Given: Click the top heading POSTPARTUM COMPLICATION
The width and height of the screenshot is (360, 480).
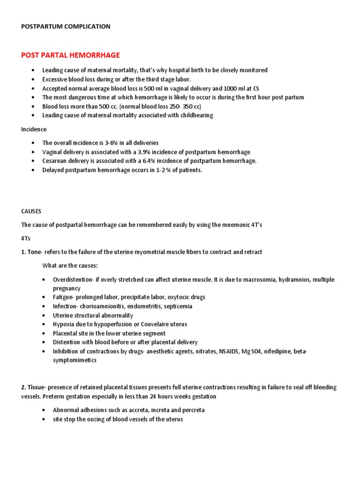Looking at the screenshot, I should (x=66, y=27).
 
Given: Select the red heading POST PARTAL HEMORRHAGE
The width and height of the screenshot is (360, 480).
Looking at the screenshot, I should (x=70, y=55).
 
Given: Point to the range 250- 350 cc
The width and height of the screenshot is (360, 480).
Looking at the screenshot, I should (x=180, y=106).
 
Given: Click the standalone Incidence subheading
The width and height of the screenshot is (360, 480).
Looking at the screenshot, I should (x=34, y=129).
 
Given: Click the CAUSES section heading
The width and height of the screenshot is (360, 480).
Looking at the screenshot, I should (x=31, y=211).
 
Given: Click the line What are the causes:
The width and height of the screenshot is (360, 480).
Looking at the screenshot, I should (x=70, y=266).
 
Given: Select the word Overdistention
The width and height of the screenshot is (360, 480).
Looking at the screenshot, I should (x=73, y=279).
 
